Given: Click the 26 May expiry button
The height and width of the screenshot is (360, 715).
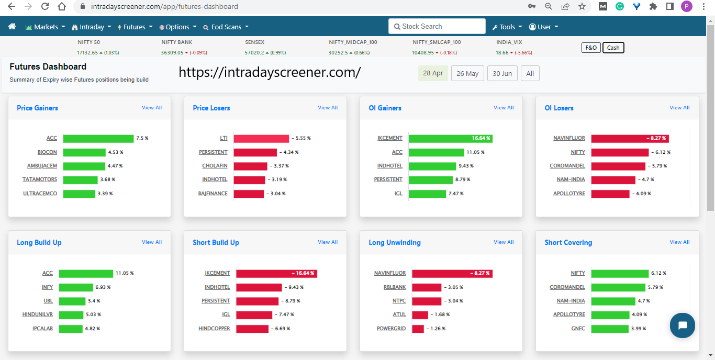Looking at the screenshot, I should (467, 74).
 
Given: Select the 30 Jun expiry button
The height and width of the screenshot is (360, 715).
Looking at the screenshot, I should (502, 74).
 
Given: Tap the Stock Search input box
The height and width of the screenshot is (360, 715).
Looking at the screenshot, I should (437, 26).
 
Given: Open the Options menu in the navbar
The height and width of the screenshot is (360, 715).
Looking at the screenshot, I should (178, 27).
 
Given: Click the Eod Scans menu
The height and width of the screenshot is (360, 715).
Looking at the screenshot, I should (226, 27).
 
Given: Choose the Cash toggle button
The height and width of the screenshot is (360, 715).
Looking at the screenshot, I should (613, 48).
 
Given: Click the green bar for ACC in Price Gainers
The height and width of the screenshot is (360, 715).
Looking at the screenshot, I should (98, 139).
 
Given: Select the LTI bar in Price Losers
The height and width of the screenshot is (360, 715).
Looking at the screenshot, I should (261, 139).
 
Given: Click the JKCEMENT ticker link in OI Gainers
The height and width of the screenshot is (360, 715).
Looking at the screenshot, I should (390, 138).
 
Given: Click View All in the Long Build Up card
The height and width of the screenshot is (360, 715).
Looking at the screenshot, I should (152, 242).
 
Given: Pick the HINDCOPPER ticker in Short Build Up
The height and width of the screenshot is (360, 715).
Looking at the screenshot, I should (214, 329).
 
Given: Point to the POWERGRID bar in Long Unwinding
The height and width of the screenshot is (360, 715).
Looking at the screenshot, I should (418, 329).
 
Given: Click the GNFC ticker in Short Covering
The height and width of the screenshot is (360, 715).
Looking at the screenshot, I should (578, 329).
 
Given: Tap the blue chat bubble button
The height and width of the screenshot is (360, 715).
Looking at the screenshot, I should (683, 325).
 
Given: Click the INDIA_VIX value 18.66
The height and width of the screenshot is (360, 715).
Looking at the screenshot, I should (502, 53).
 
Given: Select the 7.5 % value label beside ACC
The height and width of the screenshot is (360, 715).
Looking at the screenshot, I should (142, 139).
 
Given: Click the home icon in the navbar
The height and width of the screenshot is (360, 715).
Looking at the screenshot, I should (12, 27).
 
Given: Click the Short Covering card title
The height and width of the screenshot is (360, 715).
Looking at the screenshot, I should (568, 243).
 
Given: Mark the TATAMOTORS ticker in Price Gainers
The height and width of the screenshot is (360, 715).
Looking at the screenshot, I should (40, 179).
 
